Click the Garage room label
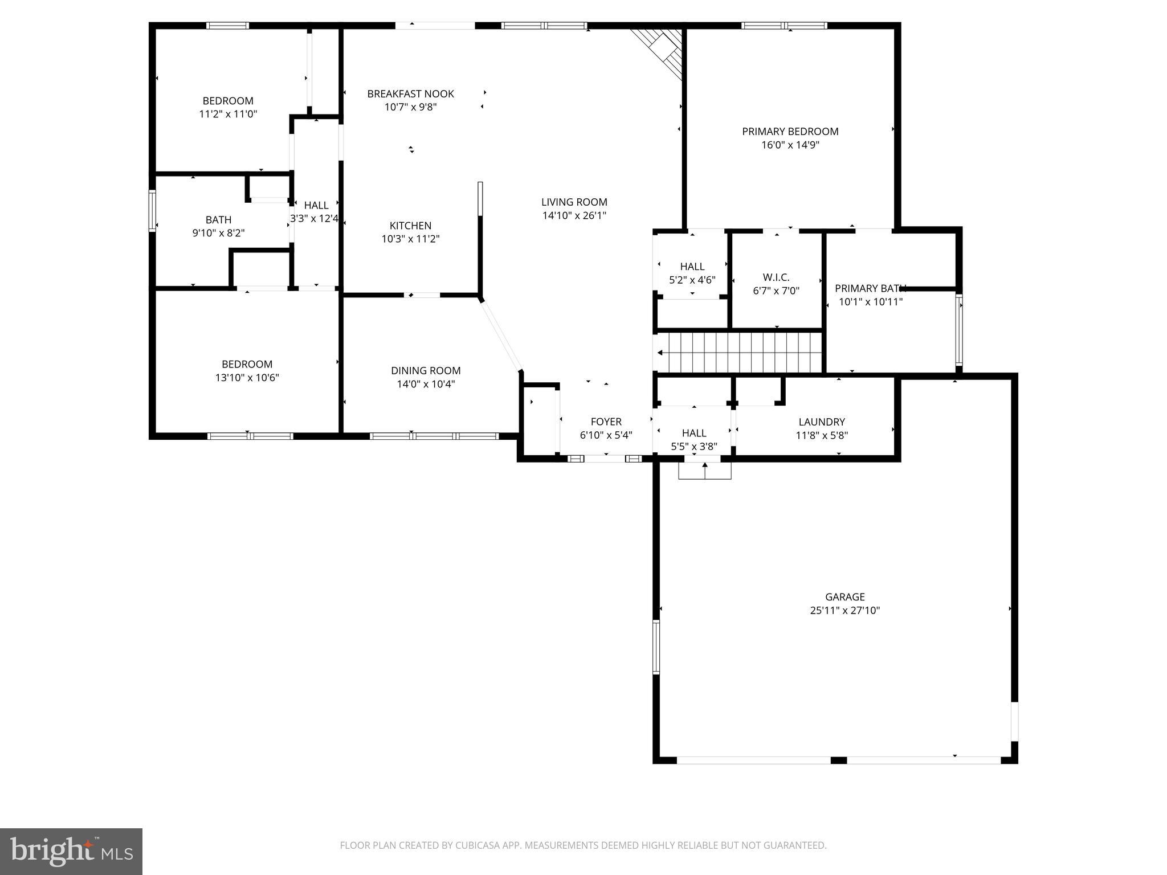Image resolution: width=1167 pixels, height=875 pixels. click(x=844, y=596)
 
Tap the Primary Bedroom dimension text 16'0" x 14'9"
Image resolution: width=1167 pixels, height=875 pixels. click(x=790, y=145)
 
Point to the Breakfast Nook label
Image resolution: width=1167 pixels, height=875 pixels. click(x=410, y=93)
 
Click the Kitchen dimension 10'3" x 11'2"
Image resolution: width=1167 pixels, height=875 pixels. click(x=410, y=239)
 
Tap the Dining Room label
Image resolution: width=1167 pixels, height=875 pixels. click(x=426, y=370)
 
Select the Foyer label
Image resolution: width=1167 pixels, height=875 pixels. click(x=606, y=422)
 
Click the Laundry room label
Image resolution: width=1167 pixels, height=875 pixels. click(x=821, y=422)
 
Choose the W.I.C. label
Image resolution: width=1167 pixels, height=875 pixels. click(x=776, y=277)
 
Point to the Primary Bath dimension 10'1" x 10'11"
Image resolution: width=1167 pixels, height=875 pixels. click(x=870, y=302)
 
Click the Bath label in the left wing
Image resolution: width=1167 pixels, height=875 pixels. click(x=218, y=219)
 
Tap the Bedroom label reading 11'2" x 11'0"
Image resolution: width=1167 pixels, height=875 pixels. click(x=228, y=101)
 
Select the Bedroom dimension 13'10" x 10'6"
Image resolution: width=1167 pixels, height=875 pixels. click(x=247, y=377)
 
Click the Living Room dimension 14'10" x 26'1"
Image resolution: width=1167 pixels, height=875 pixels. click(x=574, y=215)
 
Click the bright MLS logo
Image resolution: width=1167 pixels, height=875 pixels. click(x=71, y=851)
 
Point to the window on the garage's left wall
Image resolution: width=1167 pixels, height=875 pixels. click(x=656, y=647)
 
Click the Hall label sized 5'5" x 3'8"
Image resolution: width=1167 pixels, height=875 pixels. click(x=693, y=433)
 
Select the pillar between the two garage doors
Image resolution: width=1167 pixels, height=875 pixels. click(x=838, y=760)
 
